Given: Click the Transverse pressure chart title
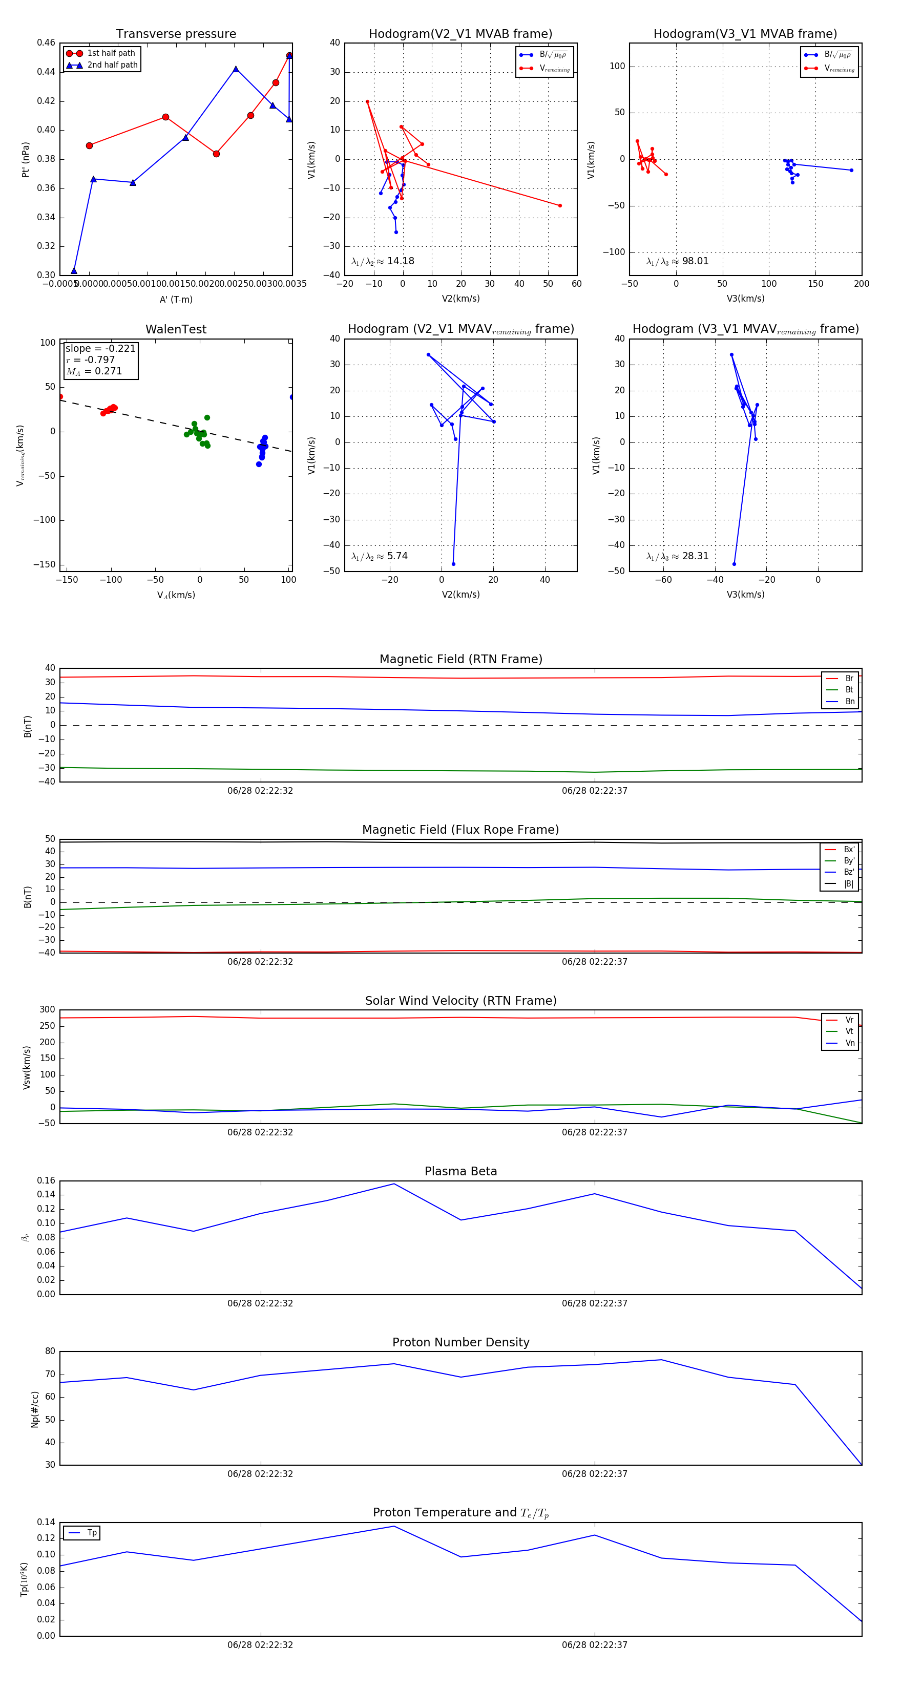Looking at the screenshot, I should (176, 34).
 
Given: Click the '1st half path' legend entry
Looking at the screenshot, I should (110, 53).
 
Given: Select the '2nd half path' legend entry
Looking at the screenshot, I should (112, 65).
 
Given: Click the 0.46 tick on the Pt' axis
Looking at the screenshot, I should (46, 43).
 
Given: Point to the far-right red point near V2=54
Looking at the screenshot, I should (560, 205).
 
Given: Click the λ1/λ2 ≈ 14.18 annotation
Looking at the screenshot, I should (383, 261).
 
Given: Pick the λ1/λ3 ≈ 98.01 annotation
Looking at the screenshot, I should (677, 261).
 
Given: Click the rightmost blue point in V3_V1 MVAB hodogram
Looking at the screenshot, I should (851, 171).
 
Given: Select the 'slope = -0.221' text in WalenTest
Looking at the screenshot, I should (100, 348).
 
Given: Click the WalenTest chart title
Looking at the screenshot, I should (176, 329).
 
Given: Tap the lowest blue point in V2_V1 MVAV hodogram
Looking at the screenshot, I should (453, 563).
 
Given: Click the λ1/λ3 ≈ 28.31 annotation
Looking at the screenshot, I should (677, 556).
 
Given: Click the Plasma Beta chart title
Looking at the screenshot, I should (460, 1171).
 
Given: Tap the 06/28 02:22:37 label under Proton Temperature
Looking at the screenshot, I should (595, 1645).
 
